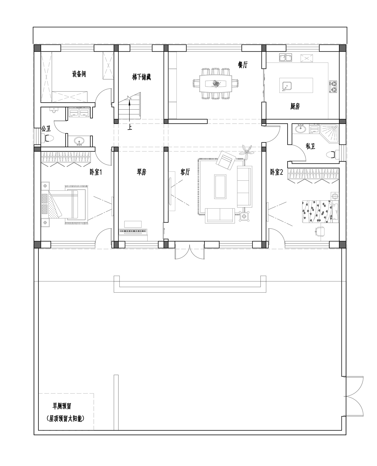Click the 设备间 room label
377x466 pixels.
pos(79,74)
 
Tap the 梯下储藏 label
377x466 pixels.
pos(142,77)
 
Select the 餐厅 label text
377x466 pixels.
pos(243,65)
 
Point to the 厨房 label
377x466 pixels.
pos(295,106)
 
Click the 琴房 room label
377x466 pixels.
pos(142,172)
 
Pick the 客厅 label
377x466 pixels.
pos(185,172)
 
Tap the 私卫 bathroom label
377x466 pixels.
pos(310,146)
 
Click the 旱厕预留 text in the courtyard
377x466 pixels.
pos(62,406)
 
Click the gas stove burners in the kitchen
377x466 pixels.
pos(334,86)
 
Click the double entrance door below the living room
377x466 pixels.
pos(190,250)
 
